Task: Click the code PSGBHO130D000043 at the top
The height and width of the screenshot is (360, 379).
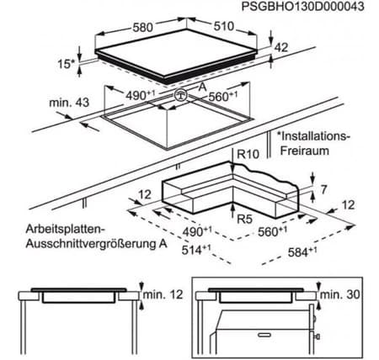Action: click(x=302, y=7)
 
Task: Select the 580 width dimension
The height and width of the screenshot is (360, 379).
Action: click(x=143, y=27)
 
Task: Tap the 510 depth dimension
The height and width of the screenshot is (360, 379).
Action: click(x=224, y=26)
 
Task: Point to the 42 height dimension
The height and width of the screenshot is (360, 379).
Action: click(x=281, y=47)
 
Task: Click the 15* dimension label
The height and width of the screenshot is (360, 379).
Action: click(x=67, y=64)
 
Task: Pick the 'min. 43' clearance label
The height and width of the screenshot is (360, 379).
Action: click(x=69, y=103)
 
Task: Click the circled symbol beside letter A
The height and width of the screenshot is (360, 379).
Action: click(x=180, y=95)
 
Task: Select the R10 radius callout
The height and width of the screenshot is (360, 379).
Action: click(x=248, y=154)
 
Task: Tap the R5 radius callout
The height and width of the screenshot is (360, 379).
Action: click(x=245, y=219)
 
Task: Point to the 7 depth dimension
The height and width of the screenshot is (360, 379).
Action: click(x=323, y=190)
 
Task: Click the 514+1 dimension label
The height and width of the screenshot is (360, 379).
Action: click(x=196, y=249)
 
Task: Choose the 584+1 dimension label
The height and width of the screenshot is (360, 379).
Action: click(x=302, y=252)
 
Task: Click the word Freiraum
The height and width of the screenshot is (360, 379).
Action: click(x=305, y=151)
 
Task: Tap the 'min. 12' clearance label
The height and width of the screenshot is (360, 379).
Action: click(x=163, y=294)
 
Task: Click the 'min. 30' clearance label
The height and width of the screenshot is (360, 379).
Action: click(x=340, y=294)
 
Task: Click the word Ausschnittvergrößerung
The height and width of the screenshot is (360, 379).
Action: click(x=89, y=243)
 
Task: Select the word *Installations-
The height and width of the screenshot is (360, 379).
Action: click(x=313, y=136)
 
